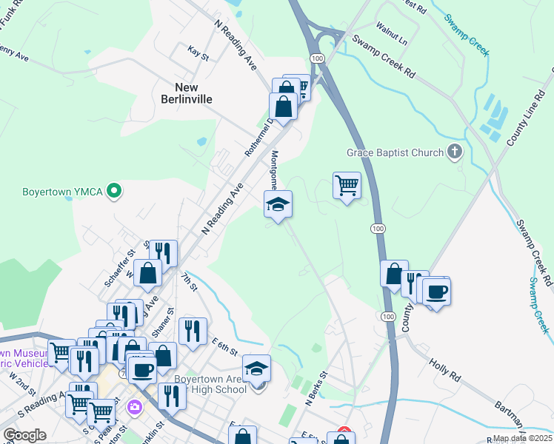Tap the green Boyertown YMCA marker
113,192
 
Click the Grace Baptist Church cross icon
455,153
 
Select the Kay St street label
198,53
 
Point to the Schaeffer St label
120,267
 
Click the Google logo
24,435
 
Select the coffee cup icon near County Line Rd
437,291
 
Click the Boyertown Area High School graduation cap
257,368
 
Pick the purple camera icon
134,407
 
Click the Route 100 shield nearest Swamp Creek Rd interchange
317,58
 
